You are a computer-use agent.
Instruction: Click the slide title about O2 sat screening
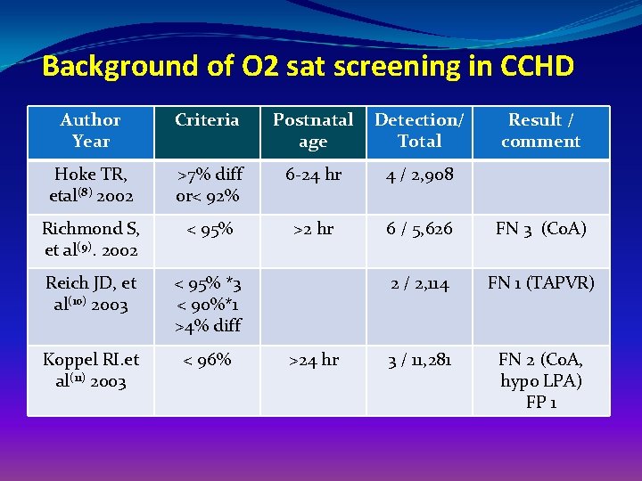click(x=308, y=67)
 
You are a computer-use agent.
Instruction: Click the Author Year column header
click(x=90, y=131)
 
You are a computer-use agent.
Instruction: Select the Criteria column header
click(x=207, y=120)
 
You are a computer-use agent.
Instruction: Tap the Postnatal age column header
click(x=313, y=131)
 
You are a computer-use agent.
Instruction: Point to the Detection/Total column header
click(x=419, y=131)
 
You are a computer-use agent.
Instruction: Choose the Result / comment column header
click(x=540, y=131)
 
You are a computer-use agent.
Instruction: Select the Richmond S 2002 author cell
click(x=90, y=240)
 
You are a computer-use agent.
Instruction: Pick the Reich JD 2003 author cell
click(x=90, y=294)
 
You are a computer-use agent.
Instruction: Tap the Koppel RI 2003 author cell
click(x=90, y=371)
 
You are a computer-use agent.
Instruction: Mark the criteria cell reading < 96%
click(x=207, y=360)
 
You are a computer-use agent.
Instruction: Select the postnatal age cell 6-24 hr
click(x=313, y=175)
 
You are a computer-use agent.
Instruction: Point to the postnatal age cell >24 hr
click(x=313, y=360)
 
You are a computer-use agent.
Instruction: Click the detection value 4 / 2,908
click(x=419, y=175)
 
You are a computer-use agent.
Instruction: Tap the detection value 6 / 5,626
click(x=419, y=229)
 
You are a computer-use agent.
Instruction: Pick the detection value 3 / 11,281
click(x=419, y=360)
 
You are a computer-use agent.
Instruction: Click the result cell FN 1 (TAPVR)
click(x=540, y=283)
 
